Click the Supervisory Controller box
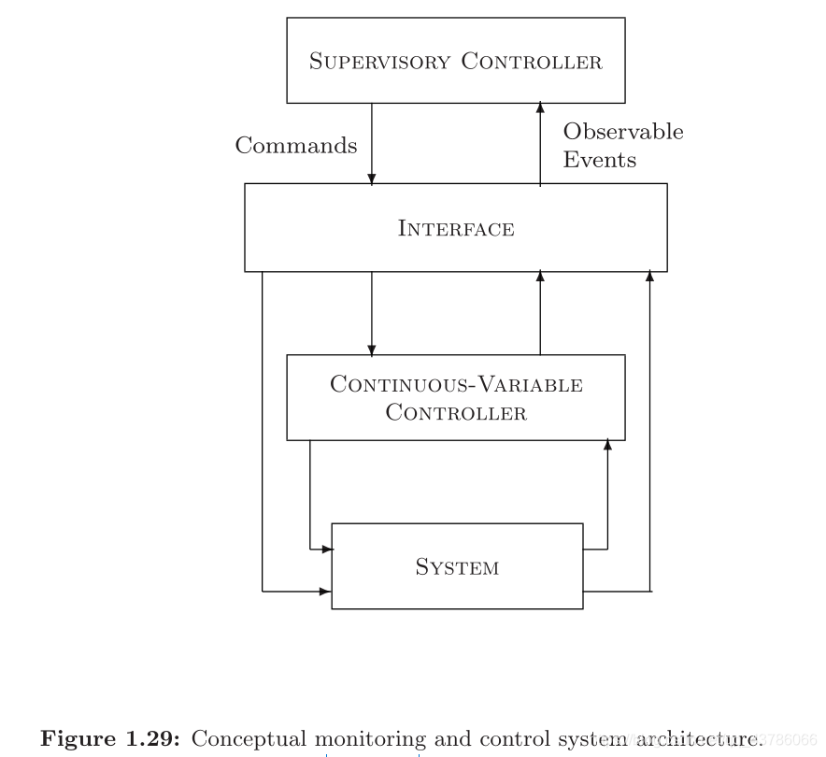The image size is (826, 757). point(455,60)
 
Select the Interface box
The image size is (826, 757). point(455,227)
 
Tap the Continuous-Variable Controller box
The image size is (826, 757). point(455,397)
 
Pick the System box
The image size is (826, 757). point(457,566)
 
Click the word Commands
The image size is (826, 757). point(295,146)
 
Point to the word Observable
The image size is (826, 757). point(623,132)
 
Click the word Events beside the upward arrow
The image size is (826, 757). point(599,160)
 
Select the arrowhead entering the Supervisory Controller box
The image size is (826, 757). point(540,107)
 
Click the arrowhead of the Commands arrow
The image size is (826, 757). point(372,178)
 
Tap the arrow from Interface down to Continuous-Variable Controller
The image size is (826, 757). point(372,313)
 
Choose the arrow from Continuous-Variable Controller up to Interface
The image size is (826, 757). point(540,313)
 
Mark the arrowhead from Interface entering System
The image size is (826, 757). point(326,591)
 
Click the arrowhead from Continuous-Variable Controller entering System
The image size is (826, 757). point(327,550)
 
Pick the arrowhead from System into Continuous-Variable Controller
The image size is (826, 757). point(607,445)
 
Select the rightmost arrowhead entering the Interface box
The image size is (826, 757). point(649,276)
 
